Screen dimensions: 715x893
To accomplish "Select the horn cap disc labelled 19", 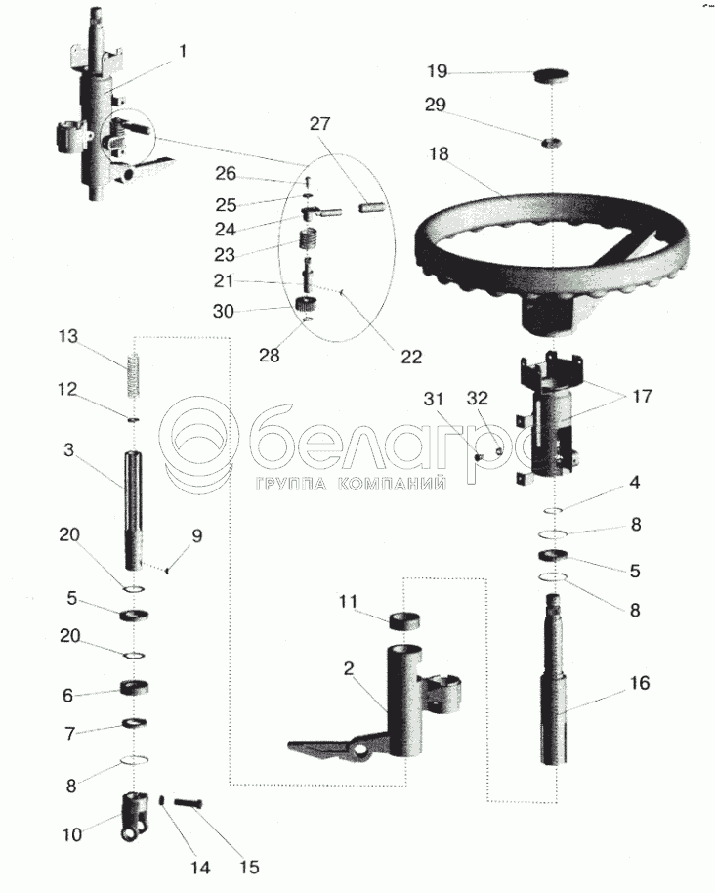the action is pos(552,76).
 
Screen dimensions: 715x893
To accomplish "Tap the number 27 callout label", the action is pos(320,124).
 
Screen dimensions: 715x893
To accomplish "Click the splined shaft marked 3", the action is pos(135,511).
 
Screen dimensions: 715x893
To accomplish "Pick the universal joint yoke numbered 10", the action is pos(135,816).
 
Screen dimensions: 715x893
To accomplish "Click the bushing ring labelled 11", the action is pos(404,620).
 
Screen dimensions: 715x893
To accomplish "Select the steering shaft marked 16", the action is pos(553,678).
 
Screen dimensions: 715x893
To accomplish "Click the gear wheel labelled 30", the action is pos(307,305).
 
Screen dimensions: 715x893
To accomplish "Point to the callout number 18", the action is pos(439,154).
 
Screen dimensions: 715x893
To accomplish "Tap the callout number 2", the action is pos(350,668).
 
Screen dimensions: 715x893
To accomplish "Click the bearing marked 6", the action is pos(135,688).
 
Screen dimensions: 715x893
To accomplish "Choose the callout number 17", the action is pos(642,396).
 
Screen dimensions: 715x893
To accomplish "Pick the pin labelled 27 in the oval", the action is pos(373,208).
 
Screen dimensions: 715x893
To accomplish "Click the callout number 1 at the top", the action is pos(183,51).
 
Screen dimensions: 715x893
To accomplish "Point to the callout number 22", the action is pos(411,357).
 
